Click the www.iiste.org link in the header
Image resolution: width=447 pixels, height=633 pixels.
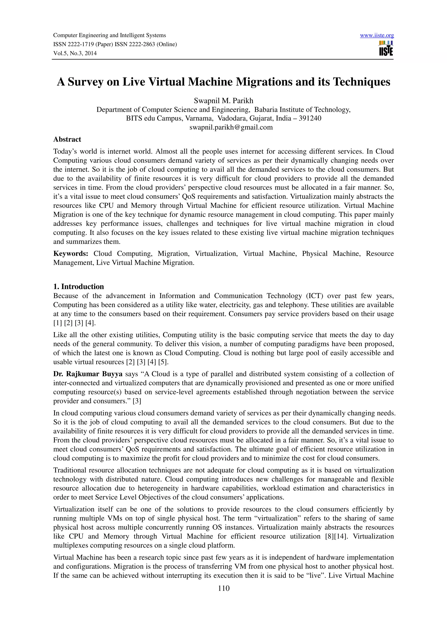point(377,35)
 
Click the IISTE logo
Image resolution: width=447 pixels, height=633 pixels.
point(386,49)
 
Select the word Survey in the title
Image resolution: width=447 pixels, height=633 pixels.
point(86,82)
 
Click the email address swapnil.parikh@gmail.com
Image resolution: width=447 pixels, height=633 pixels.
point(231,127)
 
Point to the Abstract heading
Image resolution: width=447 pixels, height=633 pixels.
point(67,139)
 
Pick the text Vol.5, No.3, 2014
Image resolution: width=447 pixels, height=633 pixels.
point(75,53)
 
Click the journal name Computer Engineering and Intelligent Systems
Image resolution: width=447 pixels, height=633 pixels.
point(109,35)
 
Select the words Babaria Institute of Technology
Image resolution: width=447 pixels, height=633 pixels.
point(302,110)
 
